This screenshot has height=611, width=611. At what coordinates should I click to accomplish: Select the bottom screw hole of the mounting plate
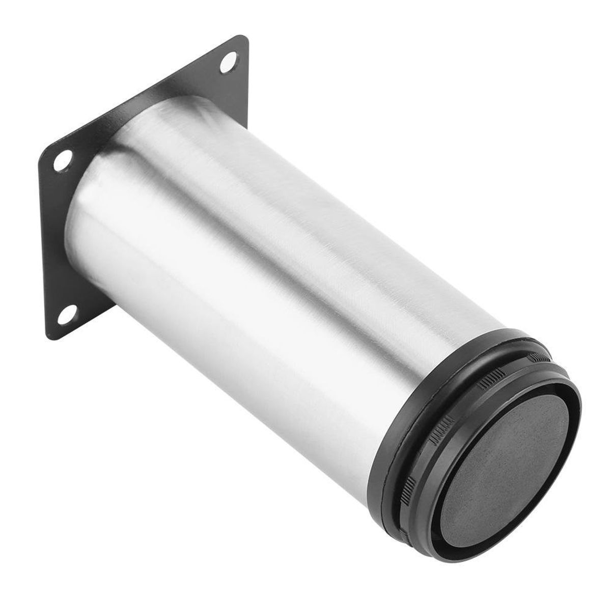click(x=68, y=312)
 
